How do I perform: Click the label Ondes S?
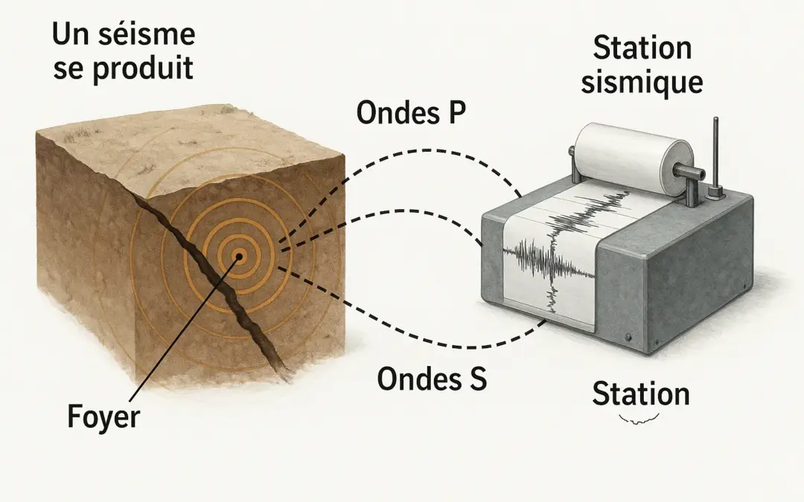point(432,379)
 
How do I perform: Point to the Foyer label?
point(103,417)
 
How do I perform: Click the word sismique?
point(641,81)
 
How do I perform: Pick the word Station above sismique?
point(642,48)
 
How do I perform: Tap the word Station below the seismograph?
point(640,394)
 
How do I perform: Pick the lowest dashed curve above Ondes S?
point(417,338)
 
